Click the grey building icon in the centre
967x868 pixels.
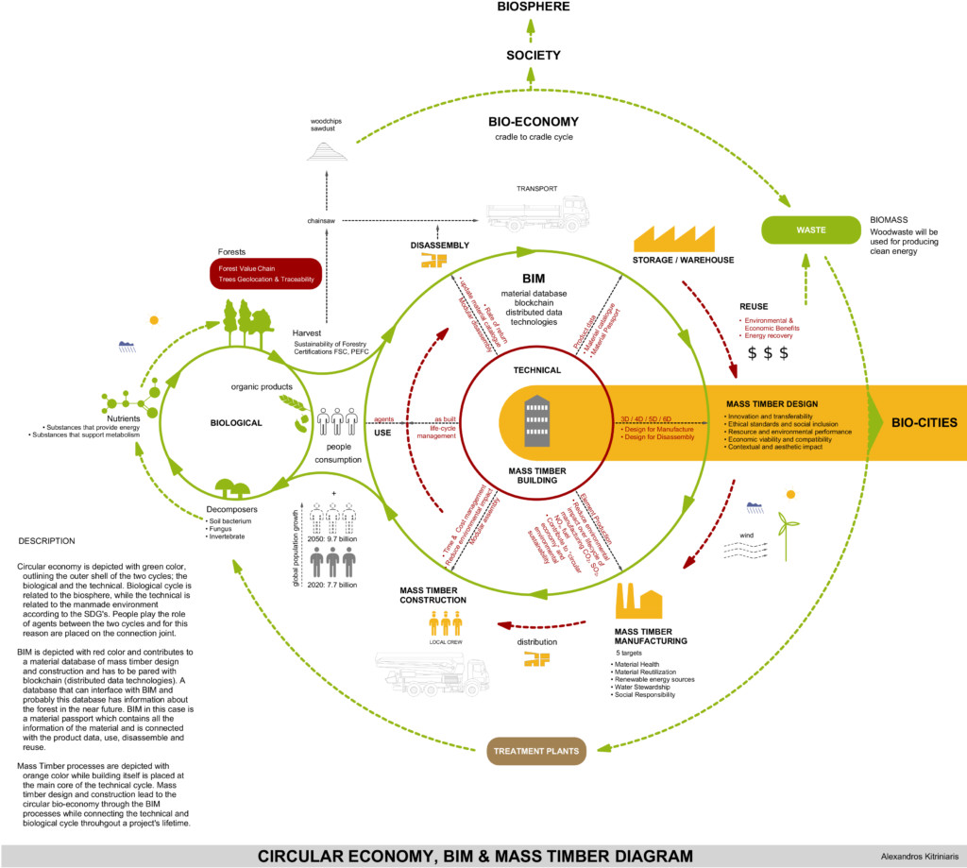pyautogui.click(x=538, y=419)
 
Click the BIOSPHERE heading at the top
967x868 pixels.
pyautogui.click(x=533, y=9)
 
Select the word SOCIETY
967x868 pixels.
pyautogui.click(x=533, y=56)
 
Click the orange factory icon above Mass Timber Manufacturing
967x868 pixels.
pyautogui.click(x=637, y=599)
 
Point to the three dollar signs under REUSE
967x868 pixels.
pyautogui.click(x=767, y=353)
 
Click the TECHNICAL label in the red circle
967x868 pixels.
pyautogui.click(x=536, y=370)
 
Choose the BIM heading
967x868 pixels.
pyautogui.click(x=535, y=280)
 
